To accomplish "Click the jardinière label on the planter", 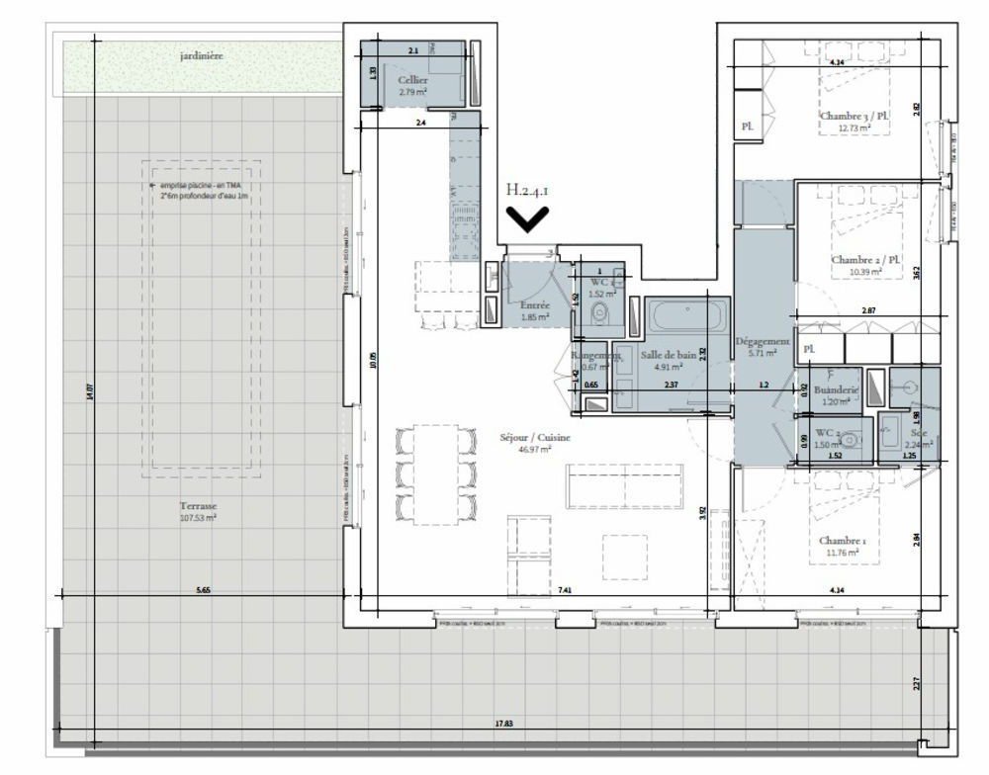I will pos(201,56).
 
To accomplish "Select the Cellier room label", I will pos(412,79).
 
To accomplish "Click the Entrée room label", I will pos(521,306).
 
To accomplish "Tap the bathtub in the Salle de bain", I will pos(685,318).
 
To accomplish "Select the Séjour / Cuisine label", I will pos(535,437).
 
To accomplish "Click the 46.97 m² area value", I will pos(535,449).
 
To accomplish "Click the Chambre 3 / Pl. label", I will pos(854,116).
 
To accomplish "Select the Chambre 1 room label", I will pos(842,541).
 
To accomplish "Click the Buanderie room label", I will pos(837,390).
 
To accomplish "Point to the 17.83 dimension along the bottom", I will pos(503,724).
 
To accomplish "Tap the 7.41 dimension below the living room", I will pos(565,590).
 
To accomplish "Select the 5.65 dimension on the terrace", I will pos(203,590).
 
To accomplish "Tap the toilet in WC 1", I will pos(597,314).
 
